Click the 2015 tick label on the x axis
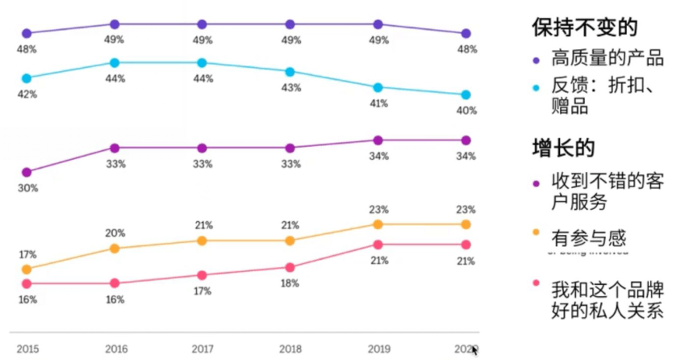pyautogui.click(x=27, y=350)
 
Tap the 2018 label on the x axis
pyautogui.click(x=290, y=350)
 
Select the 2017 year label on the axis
pyautogui.click(x=203, y=350)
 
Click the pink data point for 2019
pyautogui.click(x=378, y=245)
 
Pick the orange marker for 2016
pyautogui.click(x=115, y=249)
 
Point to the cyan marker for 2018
pyautogui.click(x=290, y=72)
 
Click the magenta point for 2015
pyautogui.click(x=27, y=172)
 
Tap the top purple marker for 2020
pyautogui.click(x=466, y=33)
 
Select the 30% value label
pyautogui.click(x=27, y=188)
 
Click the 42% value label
pyautogui.click(x=27, y=94)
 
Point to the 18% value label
pyautogui.click(x=290, y=283)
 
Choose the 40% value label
pyautogui.click(x=466, y=111)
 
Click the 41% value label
pyautogui.click(x=378, y=103)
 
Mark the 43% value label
pyautogui.click(x=290, y=87)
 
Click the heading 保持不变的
pyautogui.click(x=584, y=27)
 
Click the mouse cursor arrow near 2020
pyautogui.click(x=475, y=350)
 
